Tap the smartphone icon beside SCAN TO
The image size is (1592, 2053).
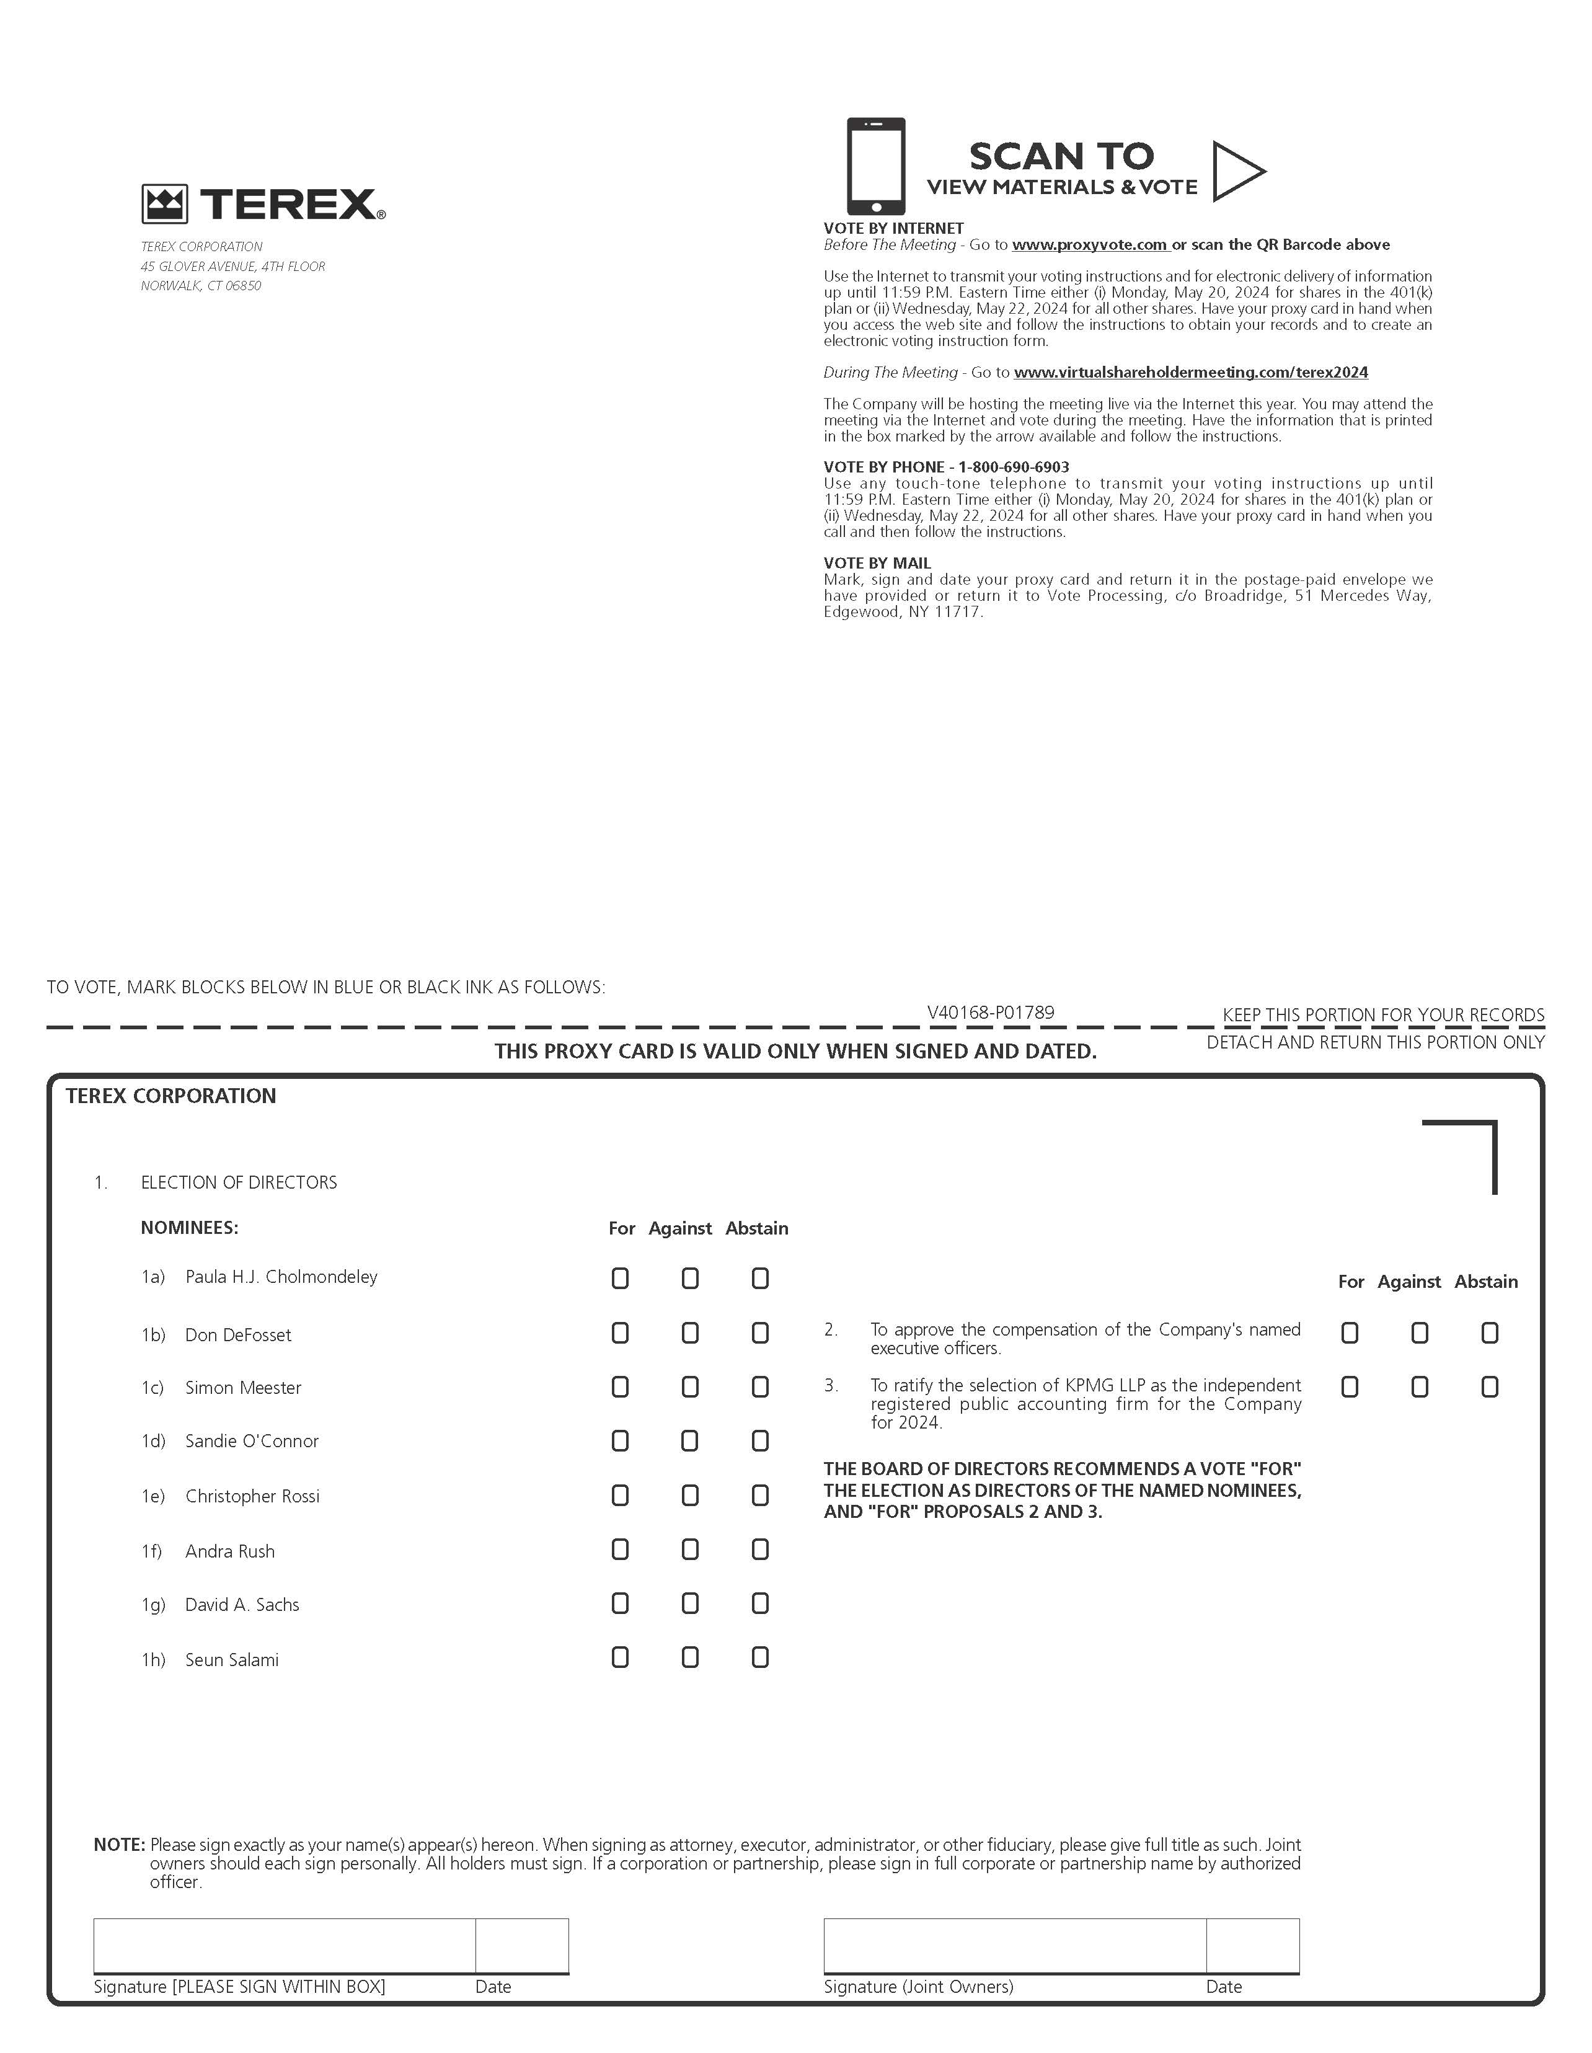coord(875,166)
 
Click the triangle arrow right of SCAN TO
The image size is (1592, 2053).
coord(1236,171)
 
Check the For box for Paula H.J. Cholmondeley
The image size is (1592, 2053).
coord(619,1279)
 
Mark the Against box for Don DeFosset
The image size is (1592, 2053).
coord(690,1333)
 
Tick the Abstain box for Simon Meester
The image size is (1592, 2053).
coord(760,1388)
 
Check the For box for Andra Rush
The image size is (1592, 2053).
coord(619,1550)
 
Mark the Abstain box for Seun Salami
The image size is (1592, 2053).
coord(760,1657)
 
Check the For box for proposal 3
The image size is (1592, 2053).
coord(1350,1388)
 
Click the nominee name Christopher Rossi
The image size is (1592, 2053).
coord(252,1497)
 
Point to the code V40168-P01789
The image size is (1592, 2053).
coord(991,1013)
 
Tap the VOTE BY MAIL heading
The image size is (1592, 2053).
coord(877,563)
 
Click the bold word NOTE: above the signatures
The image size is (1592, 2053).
coord(120,1845)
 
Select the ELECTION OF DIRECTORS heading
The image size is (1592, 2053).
coord(239,1182)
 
